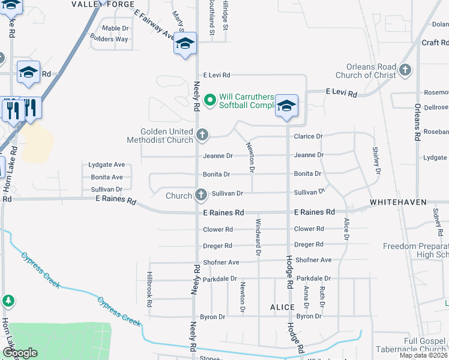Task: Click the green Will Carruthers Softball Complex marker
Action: (x=209, y=100)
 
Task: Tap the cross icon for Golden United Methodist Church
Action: (x=202, y=135)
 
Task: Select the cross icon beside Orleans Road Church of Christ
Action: (x=405, y=70)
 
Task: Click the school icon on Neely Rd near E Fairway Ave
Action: (x=185, y=44)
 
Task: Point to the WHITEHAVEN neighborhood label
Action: (x=397, y=203)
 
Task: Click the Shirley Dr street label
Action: (x=376, y=160)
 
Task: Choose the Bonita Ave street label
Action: (x=107, y=177)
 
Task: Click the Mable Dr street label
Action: (x=115, y=28)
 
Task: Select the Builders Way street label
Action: (x=109, y=39)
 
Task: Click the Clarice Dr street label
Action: (x=308, y=136)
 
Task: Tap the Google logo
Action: (x=20, y=353)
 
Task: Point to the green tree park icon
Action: (x=8, y=300)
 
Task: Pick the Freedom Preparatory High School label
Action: (x=417, y=250)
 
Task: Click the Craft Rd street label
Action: (x=435, y=43)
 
